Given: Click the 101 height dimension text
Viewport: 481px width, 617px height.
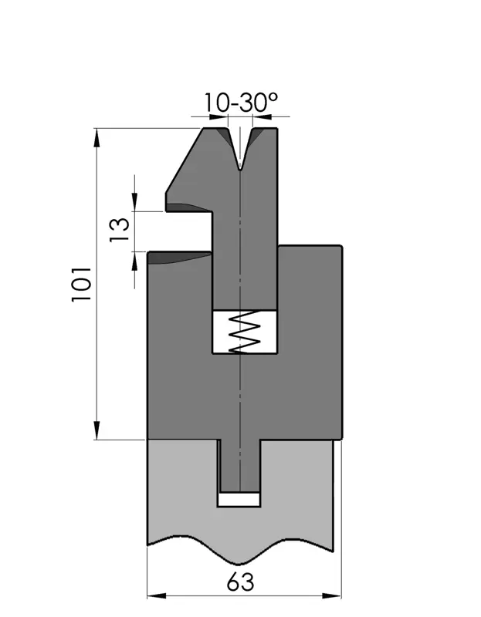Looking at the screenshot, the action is coord(82,284).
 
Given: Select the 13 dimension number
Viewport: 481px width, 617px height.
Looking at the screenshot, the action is coord(120,230).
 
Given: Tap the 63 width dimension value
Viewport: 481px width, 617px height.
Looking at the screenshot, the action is coord(240,582).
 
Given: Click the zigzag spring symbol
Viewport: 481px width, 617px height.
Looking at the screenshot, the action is coord(245,332).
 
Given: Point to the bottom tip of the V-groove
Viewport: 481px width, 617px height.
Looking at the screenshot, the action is coord(240,170).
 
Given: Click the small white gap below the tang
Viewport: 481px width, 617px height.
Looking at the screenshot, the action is coord(239,499).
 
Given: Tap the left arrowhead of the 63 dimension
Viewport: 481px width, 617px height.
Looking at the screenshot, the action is coord(157,595).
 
